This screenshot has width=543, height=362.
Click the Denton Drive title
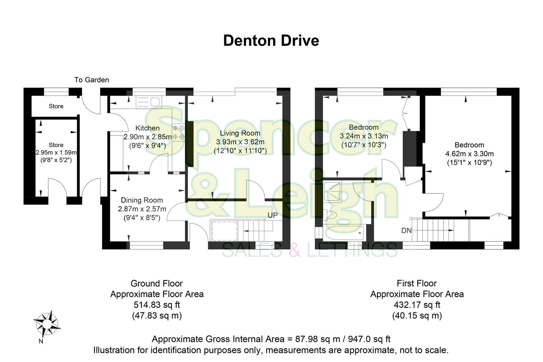tap(271, 41)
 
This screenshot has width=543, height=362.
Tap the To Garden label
tap(92, 80)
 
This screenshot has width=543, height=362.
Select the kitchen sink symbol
tap(149, 102)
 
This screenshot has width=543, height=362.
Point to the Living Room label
tap(240, 133)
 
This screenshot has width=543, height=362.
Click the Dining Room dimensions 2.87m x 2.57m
tap(142, 209)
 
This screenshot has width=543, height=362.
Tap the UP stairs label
tap(273, 215)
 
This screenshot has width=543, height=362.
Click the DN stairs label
tap(406, 231)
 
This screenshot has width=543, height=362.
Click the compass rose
tap(47, 323)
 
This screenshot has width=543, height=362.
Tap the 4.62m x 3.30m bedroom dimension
tap(469, 154)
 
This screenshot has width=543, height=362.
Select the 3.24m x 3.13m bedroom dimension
tap(364, 136)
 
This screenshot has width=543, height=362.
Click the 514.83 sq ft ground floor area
tap(157, 305)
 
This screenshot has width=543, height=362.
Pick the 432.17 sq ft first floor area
tap(417, 305)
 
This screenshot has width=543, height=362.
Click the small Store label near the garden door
tap(56, 106)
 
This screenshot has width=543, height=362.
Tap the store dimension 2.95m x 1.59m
tap(56, 153)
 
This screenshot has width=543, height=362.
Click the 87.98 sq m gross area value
tap(308, 339)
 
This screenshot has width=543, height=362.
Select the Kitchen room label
tap(147, 128)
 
